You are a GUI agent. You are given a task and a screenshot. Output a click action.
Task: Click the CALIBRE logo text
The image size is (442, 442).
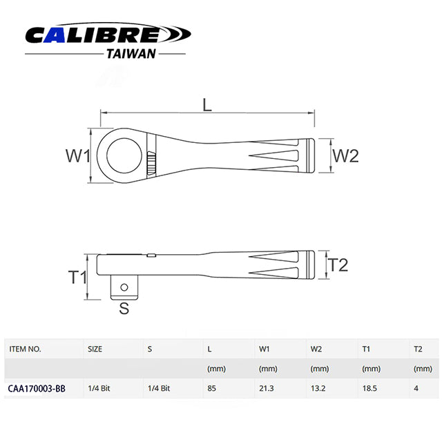coord(93,35)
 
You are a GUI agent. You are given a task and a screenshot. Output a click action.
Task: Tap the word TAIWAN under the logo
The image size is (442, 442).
coord(131,54)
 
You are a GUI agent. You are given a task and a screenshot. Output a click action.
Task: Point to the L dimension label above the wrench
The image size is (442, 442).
coord(207,106)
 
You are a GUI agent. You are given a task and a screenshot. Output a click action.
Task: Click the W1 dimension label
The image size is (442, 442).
coord(78,155)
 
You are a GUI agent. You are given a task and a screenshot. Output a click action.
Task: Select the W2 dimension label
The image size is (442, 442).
coord(345,155)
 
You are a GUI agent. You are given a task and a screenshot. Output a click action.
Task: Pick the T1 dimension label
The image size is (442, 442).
coord(77,277)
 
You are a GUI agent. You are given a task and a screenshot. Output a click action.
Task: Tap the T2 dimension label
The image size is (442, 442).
coord(338,265)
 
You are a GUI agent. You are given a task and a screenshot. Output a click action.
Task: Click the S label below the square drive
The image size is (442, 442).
coord(124,308)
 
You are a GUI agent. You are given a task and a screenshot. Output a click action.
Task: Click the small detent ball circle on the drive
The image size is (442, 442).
coord(124,287)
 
